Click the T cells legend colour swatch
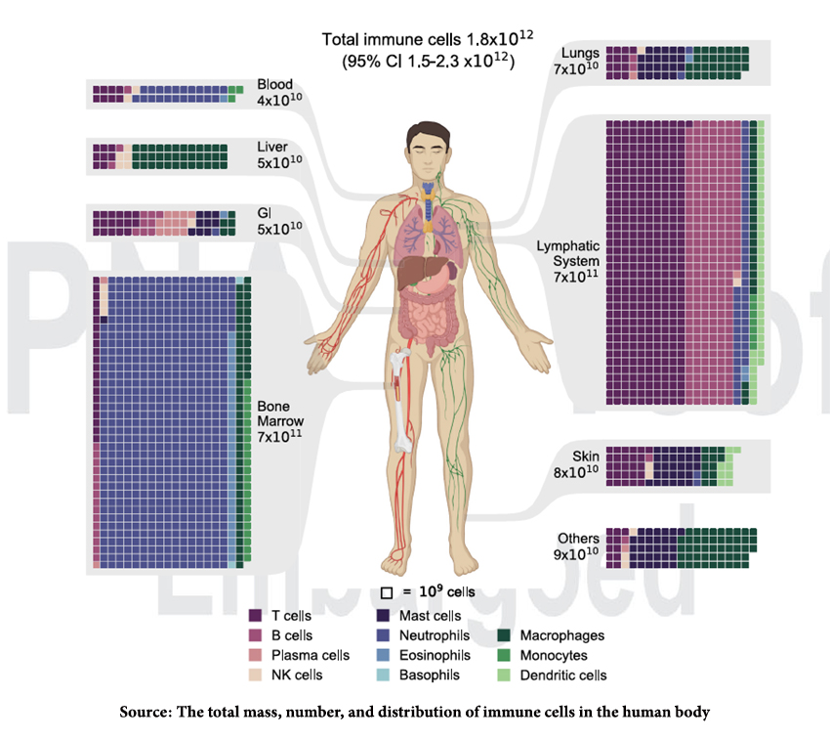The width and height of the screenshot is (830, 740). (256, 616)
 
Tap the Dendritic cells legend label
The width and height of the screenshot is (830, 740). (563, 675)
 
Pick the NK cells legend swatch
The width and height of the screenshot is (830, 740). (256, 675)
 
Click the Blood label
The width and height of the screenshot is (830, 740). (273, 84)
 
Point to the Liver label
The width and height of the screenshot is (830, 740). (272, 147)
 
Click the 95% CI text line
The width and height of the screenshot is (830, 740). (428, 62)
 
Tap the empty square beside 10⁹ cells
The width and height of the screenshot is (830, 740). (387, 592)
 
